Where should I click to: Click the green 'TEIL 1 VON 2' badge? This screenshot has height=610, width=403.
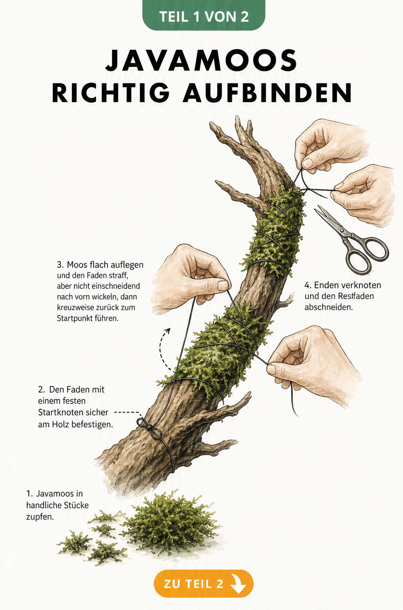[x=204, y=15]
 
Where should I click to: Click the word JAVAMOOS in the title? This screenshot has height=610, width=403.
[x=201, y=60]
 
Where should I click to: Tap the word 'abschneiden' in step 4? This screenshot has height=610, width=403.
[x=328, y=307]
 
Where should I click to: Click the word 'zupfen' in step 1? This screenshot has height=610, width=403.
[x=40, y=517]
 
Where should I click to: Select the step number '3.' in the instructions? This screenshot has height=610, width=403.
[x=60, y=265]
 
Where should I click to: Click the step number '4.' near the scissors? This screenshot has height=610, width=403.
[x=308, y=286]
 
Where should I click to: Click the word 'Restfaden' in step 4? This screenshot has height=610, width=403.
[x=356, y=296]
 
